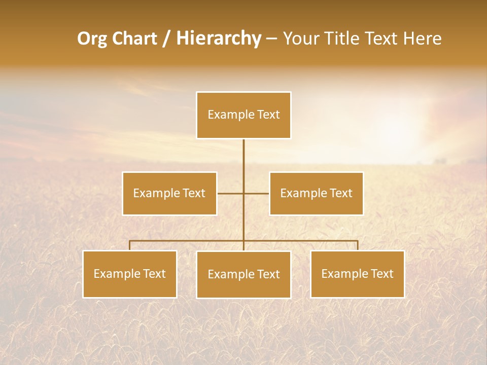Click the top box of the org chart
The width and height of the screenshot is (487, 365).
[x=243, y=115]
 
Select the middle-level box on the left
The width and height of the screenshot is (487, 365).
[x=169, y=193]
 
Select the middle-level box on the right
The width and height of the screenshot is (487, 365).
[x=316, y=193]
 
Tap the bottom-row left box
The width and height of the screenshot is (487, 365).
[x=130, y=274]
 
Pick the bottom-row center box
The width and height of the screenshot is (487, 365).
[x=243, y=274]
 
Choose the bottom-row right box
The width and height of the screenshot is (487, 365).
[x=357, y=274]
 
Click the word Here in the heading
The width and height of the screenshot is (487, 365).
[x=422, y=39]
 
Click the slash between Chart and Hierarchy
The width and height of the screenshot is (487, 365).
[x=166, y=39]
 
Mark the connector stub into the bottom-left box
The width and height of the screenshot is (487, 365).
[x=130, y=245]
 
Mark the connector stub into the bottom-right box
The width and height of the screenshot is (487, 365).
[x=357, y=245]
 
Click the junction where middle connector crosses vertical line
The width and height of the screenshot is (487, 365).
[x=243, y=193]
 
